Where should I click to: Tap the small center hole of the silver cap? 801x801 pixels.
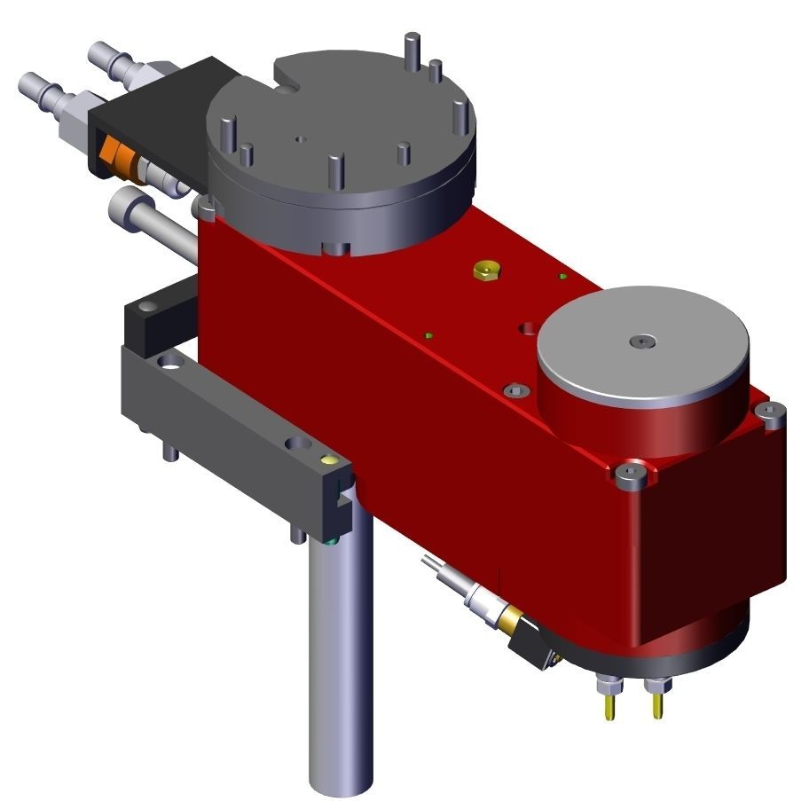click(642, 341)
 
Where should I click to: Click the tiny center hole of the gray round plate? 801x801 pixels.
click(301, 139)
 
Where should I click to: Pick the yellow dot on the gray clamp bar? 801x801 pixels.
click(330, 459)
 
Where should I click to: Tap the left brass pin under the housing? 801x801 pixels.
click(610, 705)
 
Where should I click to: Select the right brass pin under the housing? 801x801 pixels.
click(657, 705)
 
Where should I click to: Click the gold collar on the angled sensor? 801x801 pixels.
click(509, 617)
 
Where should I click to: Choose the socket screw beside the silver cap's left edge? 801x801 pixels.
click(515, 389)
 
